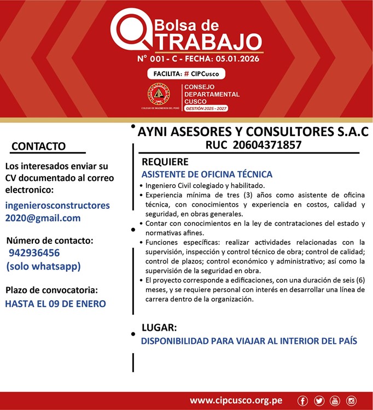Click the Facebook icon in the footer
[303, 401]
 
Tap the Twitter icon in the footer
[319, 401]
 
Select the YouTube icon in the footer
[335, 401]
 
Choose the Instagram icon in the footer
[351, 401]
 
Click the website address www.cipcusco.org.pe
[236, 401]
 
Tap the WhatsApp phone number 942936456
[34, 253]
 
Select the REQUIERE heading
[165, 162]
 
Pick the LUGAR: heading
[159, 328]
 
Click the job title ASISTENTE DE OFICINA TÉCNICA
[207, 175]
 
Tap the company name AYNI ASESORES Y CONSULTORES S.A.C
[253, 132]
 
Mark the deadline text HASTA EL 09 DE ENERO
[55, 303]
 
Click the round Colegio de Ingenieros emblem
[159, 95]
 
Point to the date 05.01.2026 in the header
[236, 58]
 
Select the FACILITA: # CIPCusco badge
[186, 74]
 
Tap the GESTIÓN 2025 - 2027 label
[206, 109]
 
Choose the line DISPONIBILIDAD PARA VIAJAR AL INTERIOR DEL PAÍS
[249, 341]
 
